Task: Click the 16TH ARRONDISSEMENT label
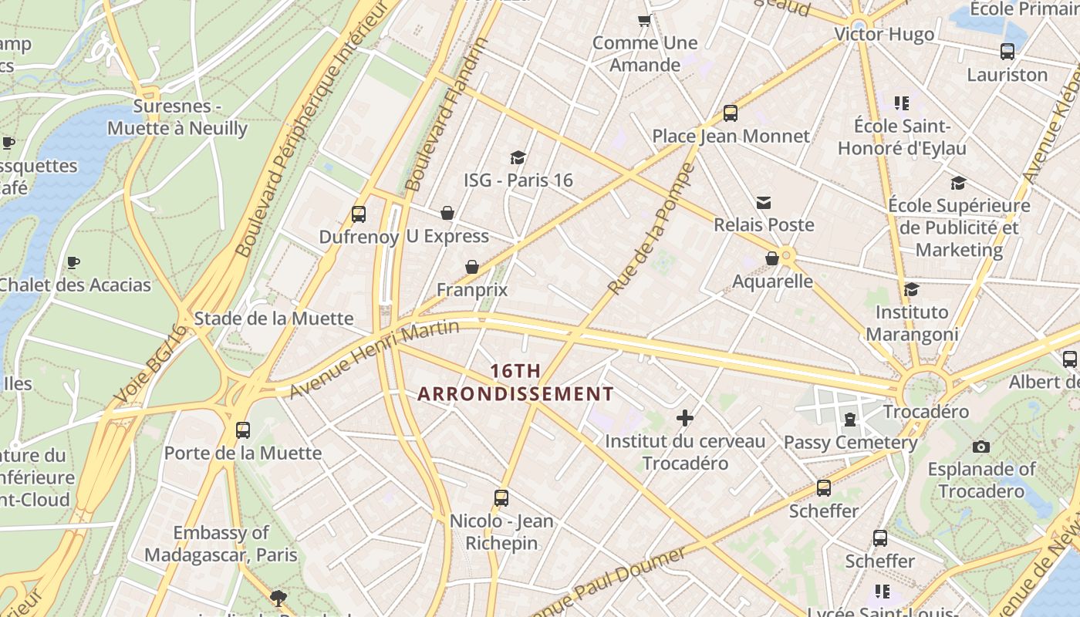tap(515, 383)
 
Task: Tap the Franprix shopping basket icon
tap(472, 267)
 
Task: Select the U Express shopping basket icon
tap(447, 213)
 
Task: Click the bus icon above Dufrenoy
tap(359, 214)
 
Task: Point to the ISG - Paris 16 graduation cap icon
tap(518, 157)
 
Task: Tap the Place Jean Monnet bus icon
tap(731, 113)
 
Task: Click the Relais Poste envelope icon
tap(764, 202)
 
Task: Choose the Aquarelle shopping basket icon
tap(772, 258)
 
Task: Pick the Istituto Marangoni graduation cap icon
tap(911, 289)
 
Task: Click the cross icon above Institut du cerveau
tap(685, 418)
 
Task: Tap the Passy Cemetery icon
tap(850, 420)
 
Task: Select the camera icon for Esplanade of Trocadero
tap(981, 447)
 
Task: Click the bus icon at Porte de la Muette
tap(243, 430)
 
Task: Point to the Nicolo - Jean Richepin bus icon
tap(501, 498)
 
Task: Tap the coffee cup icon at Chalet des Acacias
tap(73, 262)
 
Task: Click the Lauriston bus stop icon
tap(1007, 52)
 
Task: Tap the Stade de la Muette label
tap(273, 319)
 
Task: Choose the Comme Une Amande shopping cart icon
tap(645, 20)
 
